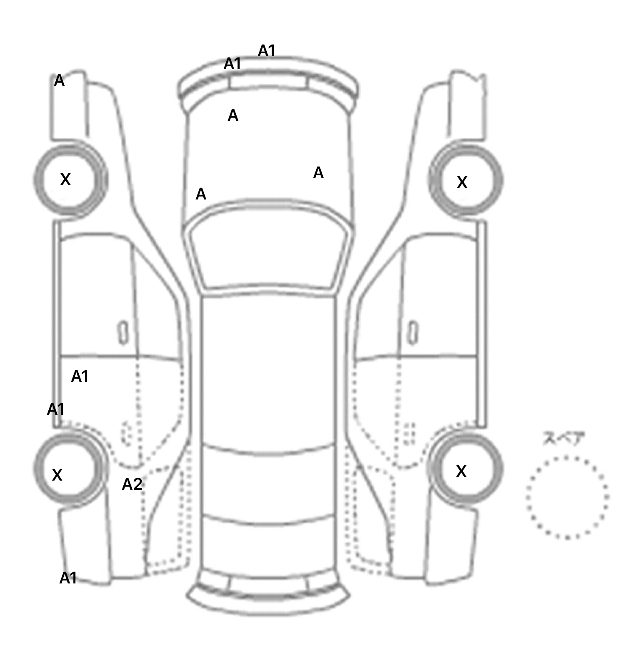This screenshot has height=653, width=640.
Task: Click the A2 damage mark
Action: tap(132, 484)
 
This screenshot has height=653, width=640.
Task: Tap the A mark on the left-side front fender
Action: tap(60, 80)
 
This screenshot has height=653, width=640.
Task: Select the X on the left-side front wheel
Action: tap(65, 179)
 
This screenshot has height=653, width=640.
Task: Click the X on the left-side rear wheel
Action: tap(57, 475)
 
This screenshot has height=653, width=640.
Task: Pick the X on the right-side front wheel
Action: tap(462, 182)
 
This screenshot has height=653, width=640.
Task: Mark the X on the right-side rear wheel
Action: tap(461, 471)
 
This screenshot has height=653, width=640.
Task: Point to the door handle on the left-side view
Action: tap(123, 333)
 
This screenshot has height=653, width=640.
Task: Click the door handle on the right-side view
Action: tap(413, 333)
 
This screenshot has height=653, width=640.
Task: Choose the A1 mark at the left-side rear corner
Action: tap(68, 578)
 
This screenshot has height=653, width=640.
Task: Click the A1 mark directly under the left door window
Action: tap(80, 376)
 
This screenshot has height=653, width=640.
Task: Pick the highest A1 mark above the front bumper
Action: tap(267, 51)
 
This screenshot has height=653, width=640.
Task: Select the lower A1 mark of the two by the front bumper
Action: tap(232, 64)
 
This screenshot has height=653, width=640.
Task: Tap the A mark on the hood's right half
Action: tap(318, 173)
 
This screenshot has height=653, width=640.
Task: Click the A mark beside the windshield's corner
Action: tap(201, 194)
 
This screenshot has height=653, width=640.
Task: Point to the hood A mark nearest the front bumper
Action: tap(233, 115)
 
